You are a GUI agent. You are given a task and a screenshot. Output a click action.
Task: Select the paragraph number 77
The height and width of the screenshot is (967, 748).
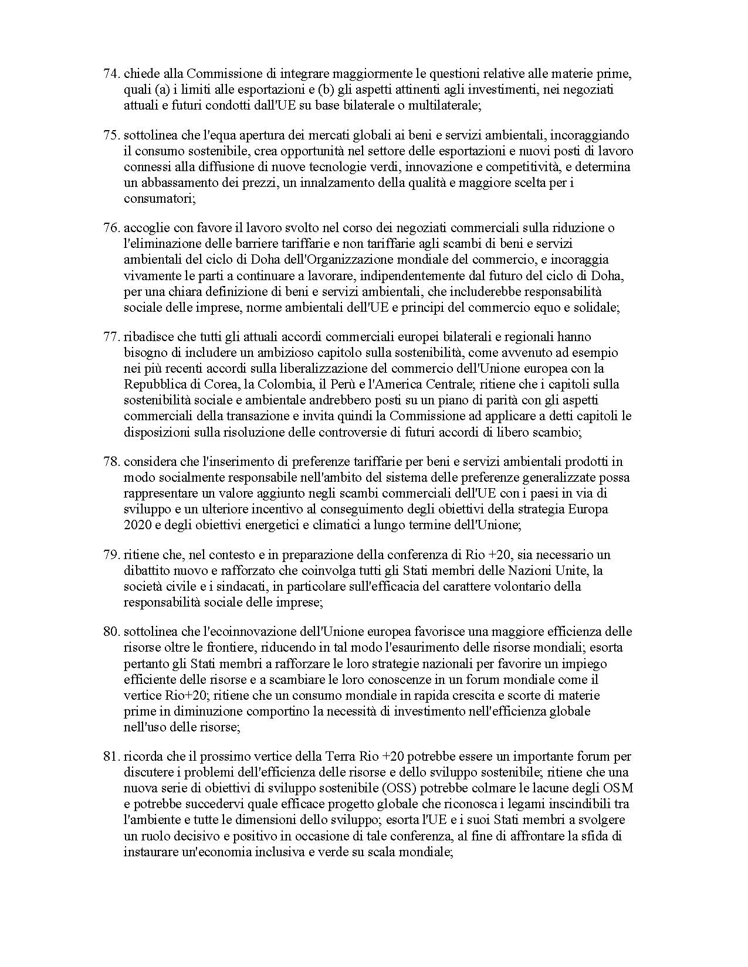tap(111, 337)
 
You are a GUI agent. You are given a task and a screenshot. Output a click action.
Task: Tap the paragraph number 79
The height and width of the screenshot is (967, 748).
tap(111, 554)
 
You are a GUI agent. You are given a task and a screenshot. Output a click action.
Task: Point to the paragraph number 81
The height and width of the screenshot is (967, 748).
tap(111, 757)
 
